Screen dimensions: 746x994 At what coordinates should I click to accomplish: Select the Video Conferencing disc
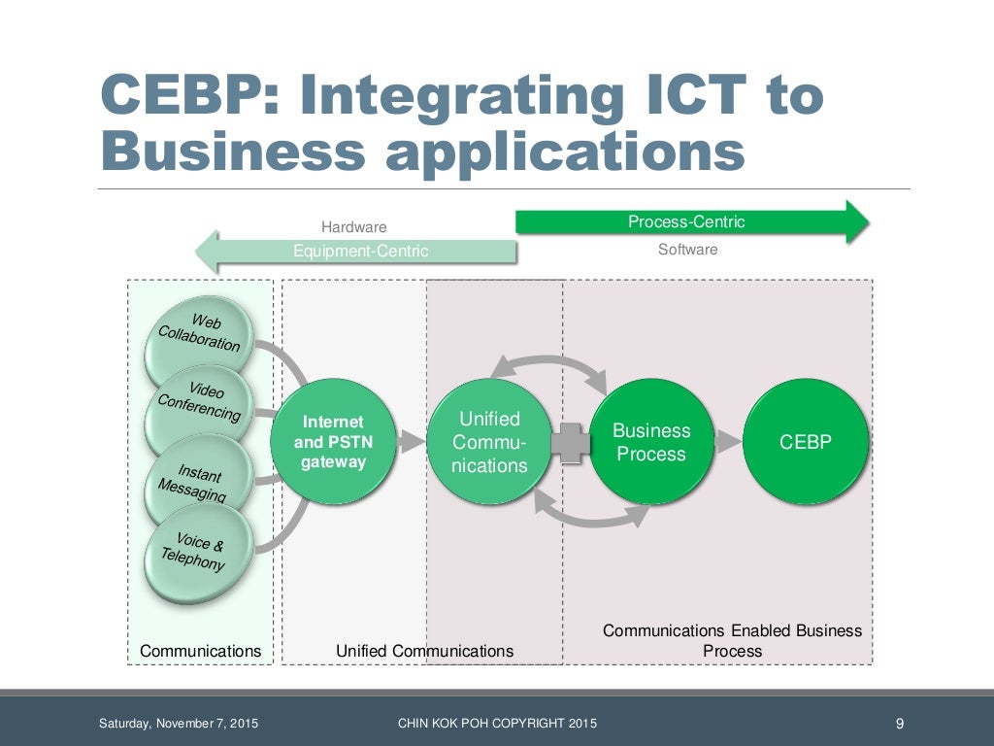tap(200, 401)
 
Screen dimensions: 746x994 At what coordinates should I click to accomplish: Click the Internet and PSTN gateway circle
tap(333, 442)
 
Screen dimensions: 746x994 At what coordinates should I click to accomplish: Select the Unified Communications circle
tap(489, 442)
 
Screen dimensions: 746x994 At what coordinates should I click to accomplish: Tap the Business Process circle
tap(651, 442)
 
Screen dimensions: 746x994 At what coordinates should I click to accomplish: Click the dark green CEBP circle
tap(806, 442)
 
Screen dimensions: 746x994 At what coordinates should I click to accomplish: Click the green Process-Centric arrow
tap(689, 221)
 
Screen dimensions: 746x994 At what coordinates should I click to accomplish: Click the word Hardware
tap(353, 227)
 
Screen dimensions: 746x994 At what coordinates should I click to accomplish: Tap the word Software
tap(687, 250)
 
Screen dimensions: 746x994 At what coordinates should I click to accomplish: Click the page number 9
tap(899, 723)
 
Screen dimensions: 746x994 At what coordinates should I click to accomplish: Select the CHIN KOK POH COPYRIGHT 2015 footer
tap(498, 723)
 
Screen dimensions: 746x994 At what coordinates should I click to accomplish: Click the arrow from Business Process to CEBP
tap(728, 442)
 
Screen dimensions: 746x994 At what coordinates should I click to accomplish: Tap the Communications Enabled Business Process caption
tap(732, 640)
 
